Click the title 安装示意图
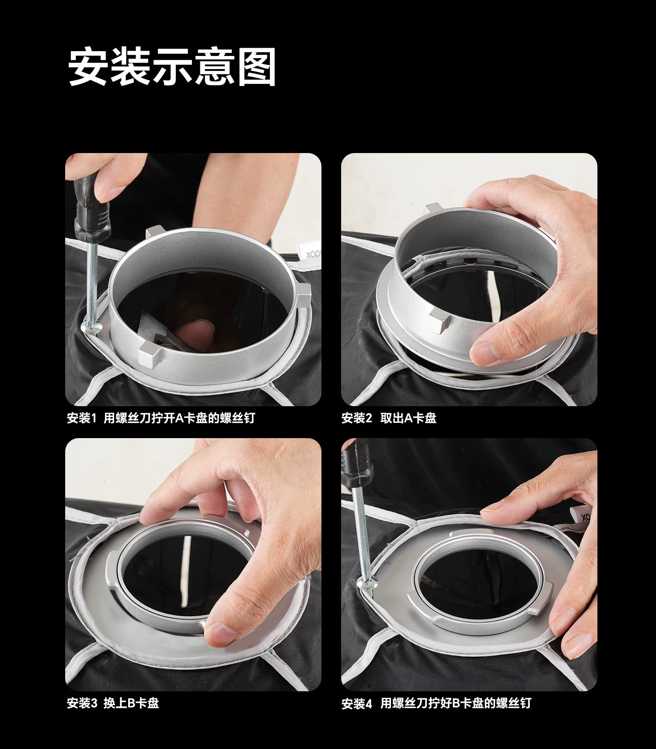pos(172,66)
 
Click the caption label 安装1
pos(81,418)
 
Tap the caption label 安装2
pos(356,418)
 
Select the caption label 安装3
pos(82,703)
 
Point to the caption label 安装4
pos(356,704)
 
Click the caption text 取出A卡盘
pos(408,418)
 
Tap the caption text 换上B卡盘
pos(131,703)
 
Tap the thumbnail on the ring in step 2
pos(484,352)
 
